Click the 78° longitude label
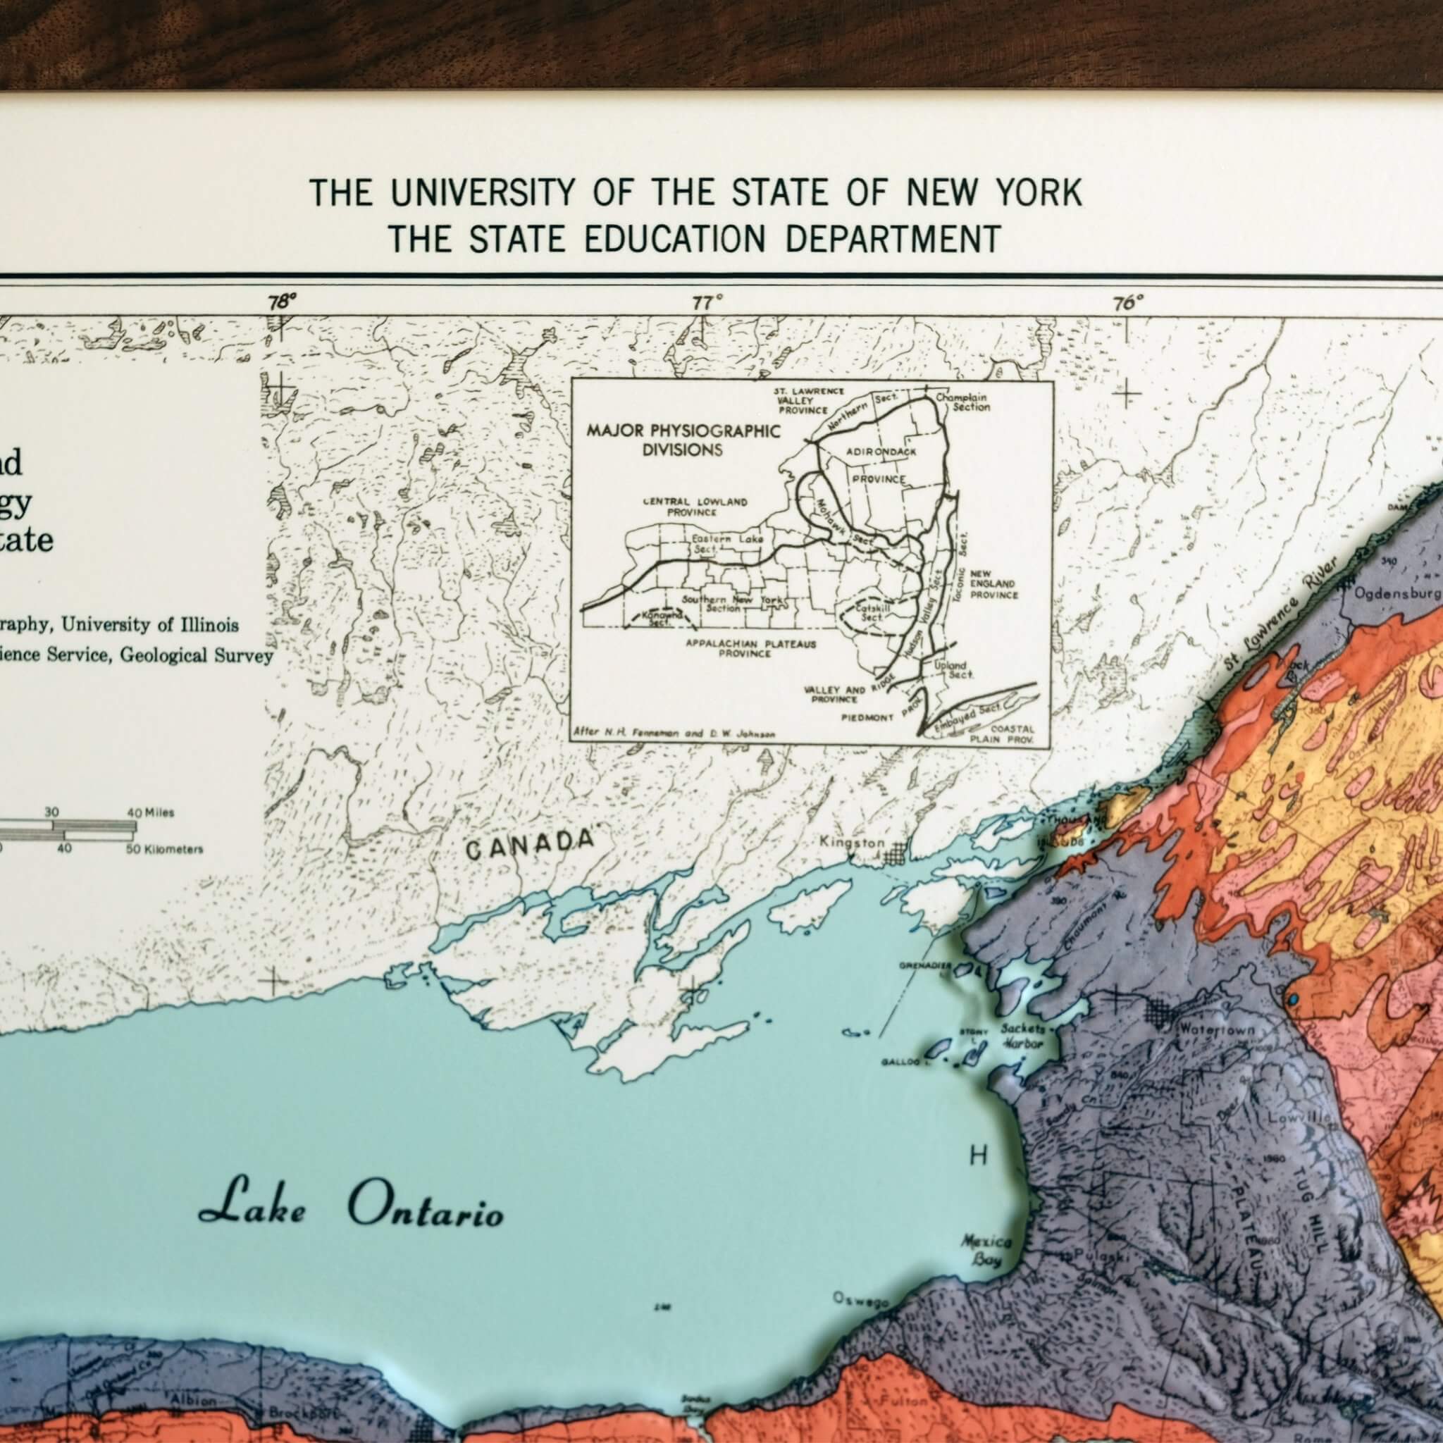tap(282, 302)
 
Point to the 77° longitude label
tap(707, 302)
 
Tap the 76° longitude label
tap(1128, 302)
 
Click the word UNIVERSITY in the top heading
tap(483, 194)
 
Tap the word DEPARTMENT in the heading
tap(893, 239)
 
